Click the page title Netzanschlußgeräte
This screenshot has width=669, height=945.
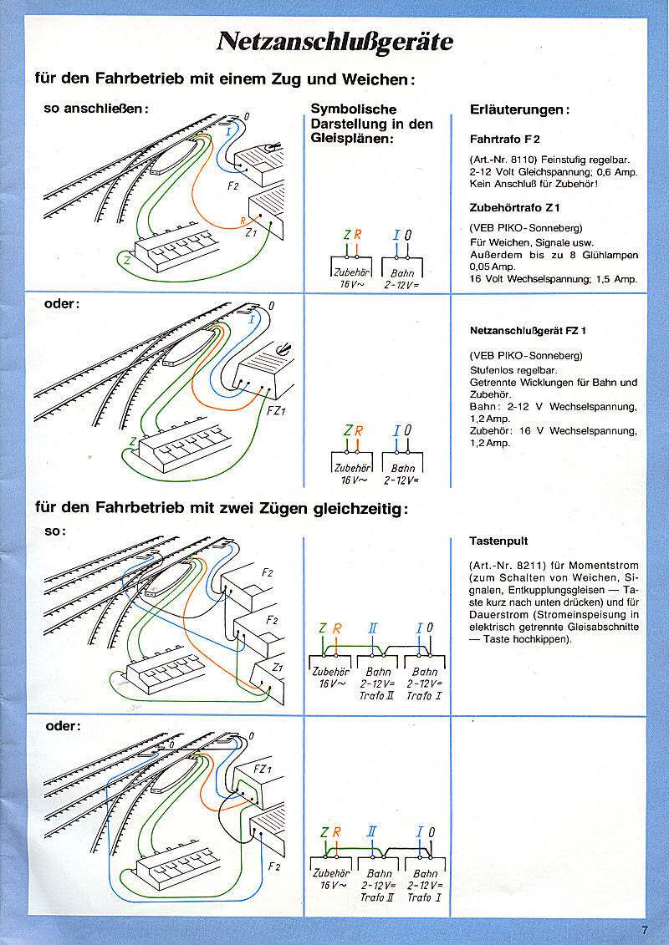click(x=334, y=42)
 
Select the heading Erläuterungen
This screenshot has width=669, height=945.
click(x=520, y=109)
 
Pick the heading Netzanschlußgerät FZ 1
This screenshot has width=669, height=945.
click(x=528, y=330)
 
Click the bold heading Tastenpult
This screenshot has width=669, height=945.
click(x=498, y=541)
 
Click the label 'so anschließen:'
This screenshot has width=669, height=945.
click(x=94, y=109)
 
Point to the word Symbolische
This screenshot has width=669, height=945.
click(x=353, y=109)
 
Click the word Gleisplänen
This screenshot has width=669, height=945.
click(x=350, y=139)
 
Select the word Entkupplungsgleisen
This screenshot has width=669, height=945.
click(x=547, y=590)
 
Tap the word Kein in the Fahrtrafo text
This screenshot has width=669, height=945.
click(x=481, y=183)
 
